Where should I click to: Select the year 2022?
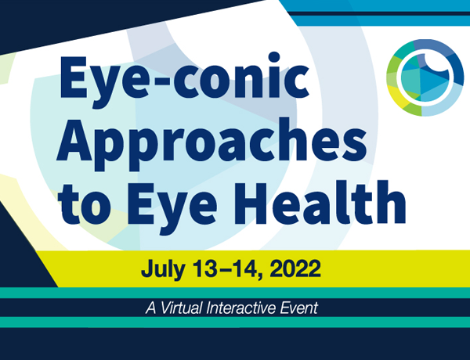point(295,268)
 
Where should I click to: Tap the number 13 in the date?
point(204,268)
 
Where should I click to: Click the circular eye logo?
point(425,77)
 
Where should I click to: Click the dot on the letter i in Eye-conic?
point(274,57)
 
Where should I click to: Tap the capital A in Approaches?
point(74,140)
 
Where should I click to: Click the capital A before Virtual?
point(151,308)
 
